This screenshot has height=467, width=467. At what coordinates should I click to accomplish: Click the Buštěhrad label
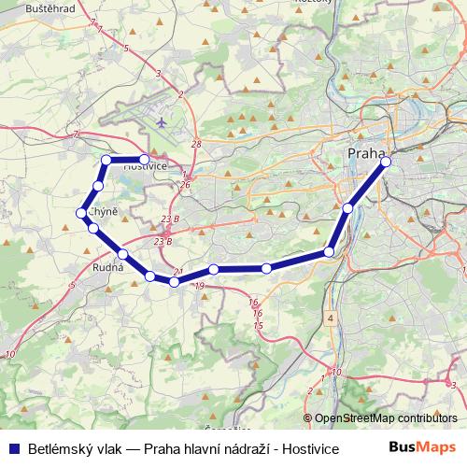[25, 7]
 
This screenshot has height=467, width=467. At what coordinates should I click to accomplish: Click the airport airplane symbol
[163, 122]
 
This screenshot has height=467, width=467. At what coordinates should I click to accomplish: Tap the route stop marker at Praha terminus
[386, 162]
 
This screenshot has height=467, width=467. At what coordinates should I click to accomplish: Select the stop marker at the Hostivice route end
[143, 160]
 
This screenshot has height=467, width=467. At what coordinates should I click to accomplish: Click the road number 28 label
[195, 144]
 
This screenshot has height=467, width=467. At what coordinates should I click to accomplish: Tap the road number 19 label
[199, 285]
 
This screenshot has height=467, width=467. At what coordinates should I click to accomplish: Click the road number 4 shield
[330, 318]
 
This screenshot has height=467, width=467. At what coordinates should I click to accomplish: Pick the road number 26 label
[186, 185]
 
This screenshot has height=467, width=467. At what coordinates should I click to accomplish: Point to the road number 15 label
[258, 325]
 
